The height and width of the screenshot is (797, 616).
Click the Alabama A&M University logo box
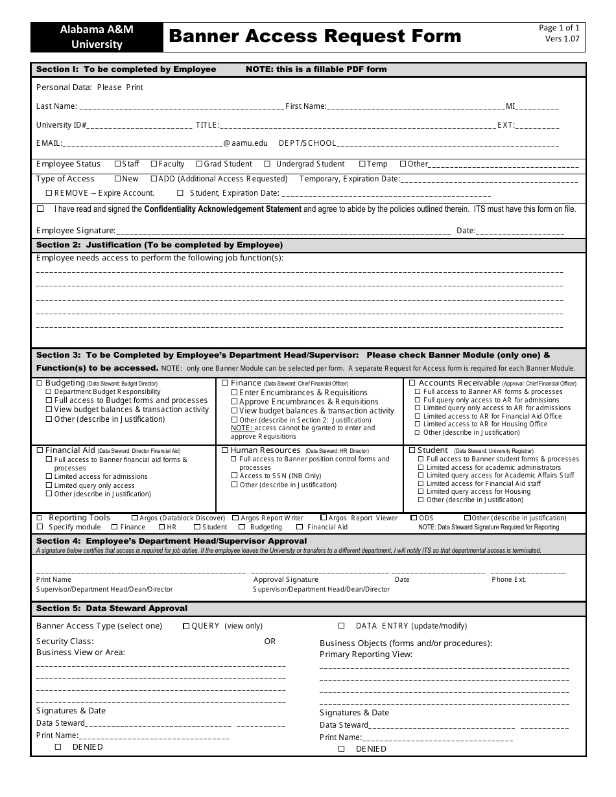point(97,37)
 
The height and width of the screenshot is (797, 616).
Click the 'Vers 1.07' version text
point(562,39)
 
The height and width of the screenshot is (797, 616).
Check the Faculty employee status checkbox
point(154,164)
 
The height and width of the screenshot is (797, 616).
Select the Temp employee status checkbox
point(362,164)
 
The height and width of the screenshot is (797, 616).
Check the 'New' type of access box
point(117,179)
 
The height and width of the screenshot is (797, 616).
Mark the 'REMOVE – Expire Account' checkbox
point(49,193)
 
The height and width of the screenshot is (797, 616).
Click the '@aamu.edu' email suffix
point(245,143)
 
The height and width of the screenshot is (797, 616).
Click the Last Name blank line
point(181,107)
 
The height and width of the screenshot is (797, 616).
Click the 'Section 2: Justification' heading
point(159,245)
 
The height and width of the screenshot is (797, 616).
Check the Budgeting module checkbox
point(40,383)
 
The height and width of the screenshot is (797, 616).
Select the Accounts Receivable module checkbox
point(410,383)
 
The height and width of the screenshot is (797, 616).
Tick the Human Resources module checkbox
point(225,450)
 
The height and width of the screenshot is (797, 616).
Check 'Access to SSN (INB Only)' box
point(234,476)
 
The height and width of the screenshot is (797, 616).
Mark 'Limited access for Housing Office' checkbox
point(418,424)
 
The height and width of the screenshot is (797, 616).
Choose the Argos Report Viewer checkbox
point(324,518)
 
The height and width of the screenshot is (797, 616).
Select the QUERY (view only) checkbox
point(186,627)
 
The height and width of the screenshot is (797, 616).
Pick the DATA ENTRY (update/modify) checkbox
point(342,626)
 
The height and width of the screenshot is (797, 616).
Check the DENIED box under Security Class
point(58,747)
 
